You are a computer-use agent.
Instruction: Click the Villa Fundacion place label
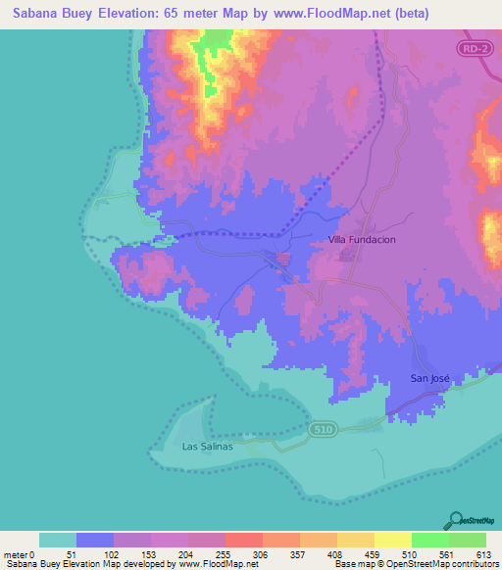(361, 239)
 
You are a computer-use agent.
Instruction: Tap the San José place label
(429, 378)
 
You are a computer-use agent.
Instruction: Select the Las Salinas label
(208, 447)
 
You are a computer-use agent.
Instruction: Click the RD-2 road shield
(475, 47)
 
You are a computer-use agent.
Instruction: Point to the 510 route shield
(321, 429)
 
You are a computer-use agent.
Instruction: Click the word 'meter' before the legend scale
(17, 554)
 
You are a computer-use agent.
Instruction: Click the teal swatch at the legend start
(57, 540)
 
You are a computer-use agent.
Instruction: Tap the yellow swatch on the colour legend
(392, 540)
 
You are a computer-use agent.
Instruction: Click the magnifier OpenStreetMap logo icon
(454, 519)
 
